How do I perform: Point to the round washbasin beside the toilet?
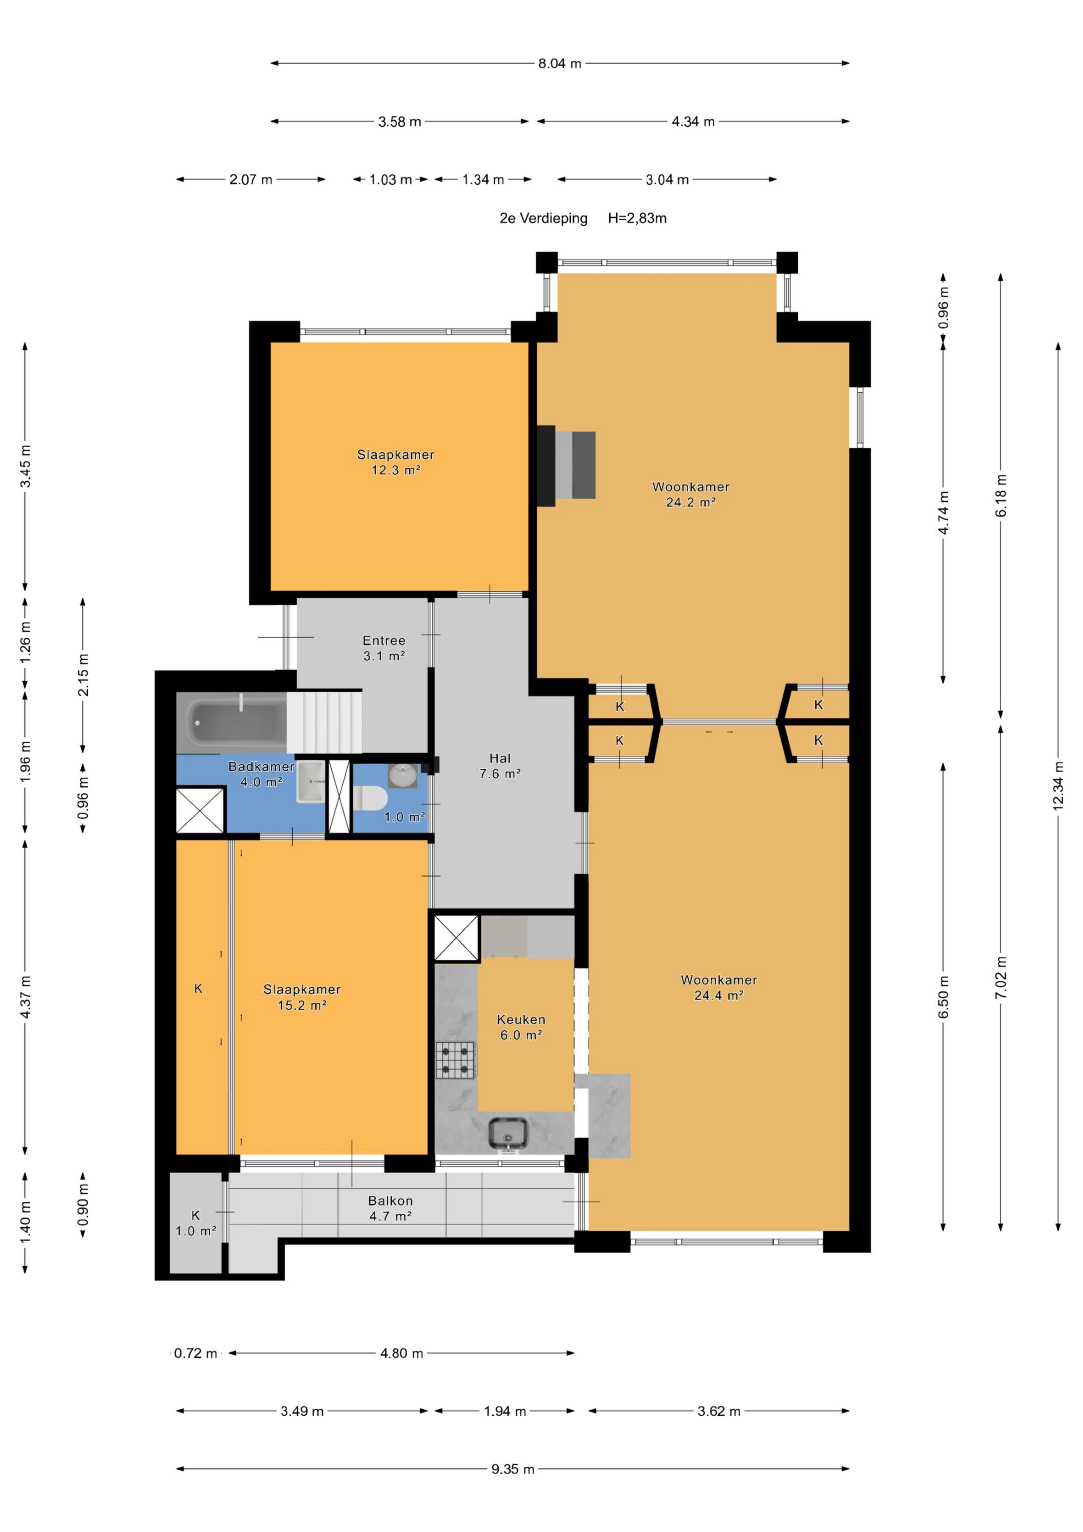click(403, 775)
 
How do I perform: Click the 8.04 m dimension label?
click(560, 63)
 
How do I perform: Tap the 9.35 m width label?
click(513, 1469)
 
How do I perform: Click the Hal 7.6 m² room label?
click(500, 766)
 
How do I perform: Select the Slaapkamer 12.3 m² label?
click(396, 462)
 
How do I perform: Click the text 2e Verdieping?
click(544, 218)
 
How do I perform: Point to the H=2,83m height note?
click(637, 218)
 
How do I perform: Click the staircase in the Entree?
click(324, 721)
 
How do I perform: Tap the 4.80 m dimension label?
click(402, 1353)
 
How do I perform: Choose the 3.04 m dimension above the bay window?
click(667, 180)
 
